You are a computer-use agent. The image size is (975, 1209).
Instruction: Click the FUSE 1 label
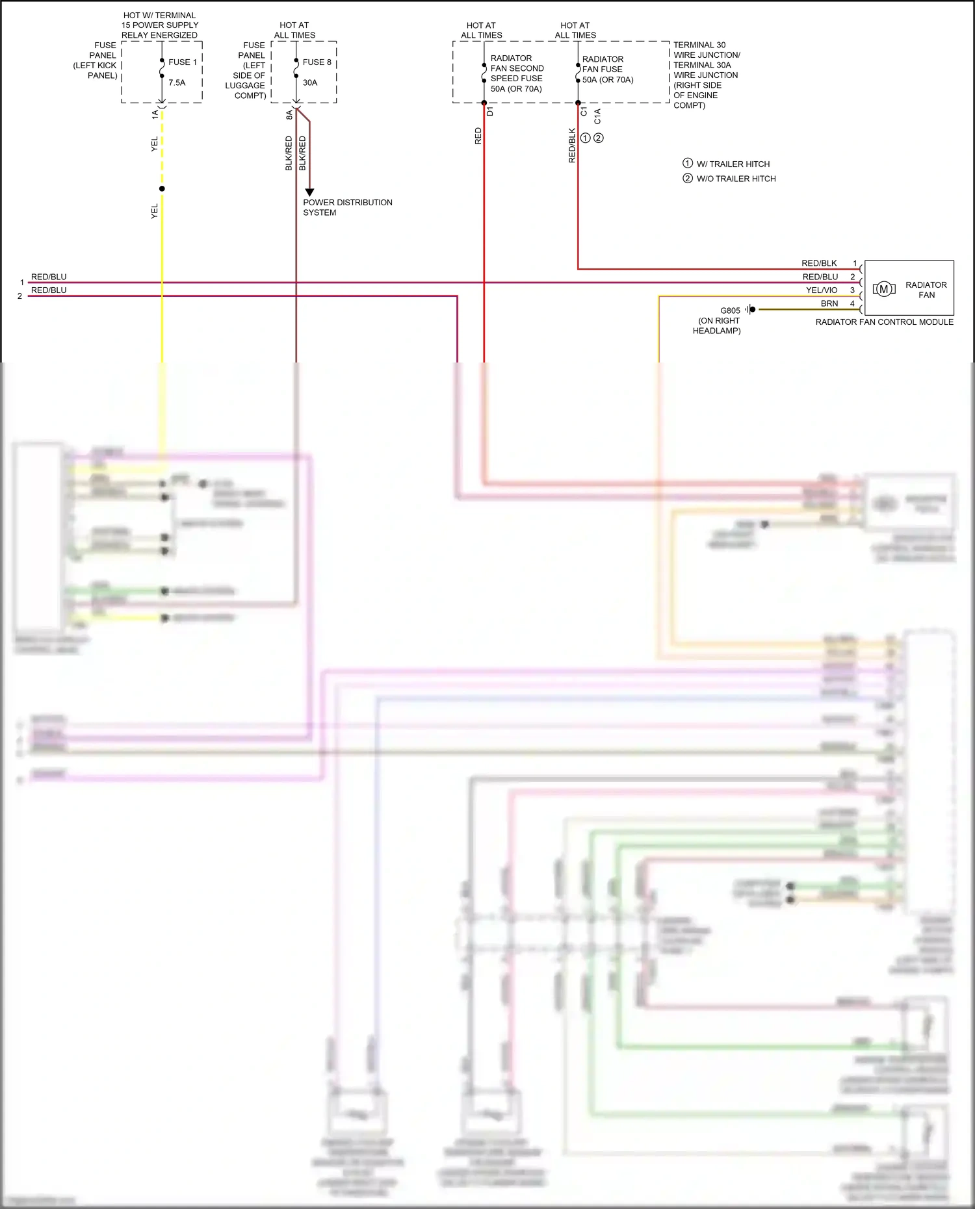coord(182,62)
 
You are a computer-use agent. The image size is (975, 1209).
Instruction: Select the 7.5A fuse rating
coord(177,83)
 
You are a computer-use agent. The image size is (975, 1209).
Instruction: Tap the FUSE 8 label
coord(317,62)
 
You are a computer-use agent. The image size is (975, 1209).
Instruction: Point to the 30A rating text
coord(310,83)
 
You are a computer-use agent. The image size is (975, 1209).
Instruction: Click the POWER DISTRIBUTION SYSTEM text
coord(347,207)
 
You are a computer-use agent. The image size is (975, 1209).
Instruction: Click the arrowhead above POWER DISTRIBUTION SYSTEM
coord(309,192)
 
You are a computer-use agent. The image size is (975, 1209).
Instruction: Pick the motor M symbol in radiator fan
coord(883,289)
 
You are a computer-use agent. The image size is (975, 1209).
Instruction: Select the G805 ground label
coord(730,311)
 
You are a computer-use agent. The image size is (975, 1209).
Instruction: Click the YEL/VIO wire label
coord(822,290)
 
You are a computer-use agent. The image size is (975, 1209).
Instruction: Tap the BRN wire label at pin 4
coord(829,303)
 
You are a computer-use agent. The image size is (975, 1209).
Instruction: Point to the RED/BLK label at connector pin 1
coord(819,263)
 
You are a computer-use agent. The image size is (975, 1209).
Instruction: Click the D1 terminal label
coord(490,112)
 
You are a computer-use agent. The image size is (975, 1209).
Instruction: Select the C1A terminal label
coord(597,116)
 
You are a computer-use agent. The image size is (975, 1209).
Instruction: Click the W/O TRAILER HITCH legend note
coord(736,179)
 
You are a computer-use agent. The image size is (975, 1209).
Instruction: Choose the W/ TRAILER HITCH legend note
coord(733,164)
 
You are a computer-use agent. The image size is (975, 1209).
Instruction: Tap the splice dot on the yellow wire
coord(162,188)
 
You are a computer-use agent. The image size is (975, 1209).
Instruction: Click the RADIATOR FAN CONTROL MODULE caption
coord(884,322)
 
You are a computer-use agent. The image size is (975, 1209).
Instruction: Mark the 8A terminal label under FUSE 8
coord(289,115)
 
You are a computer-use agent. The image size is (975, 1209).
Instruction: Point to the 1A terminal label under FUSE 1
coord(155,114)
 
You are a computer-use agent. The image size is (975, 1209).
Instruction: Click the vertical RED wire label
coord(478,136)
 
